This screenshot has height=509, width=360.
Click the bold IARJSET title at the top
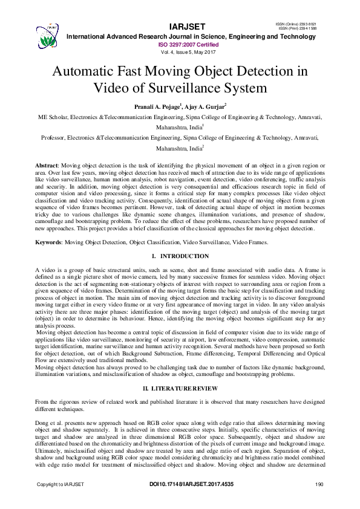click(188, 27)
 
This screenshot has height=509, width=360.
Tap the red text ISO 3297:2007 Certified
click(188, 44)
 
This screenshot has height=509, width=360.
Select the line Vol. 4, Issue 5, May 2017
click(188, 52)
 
